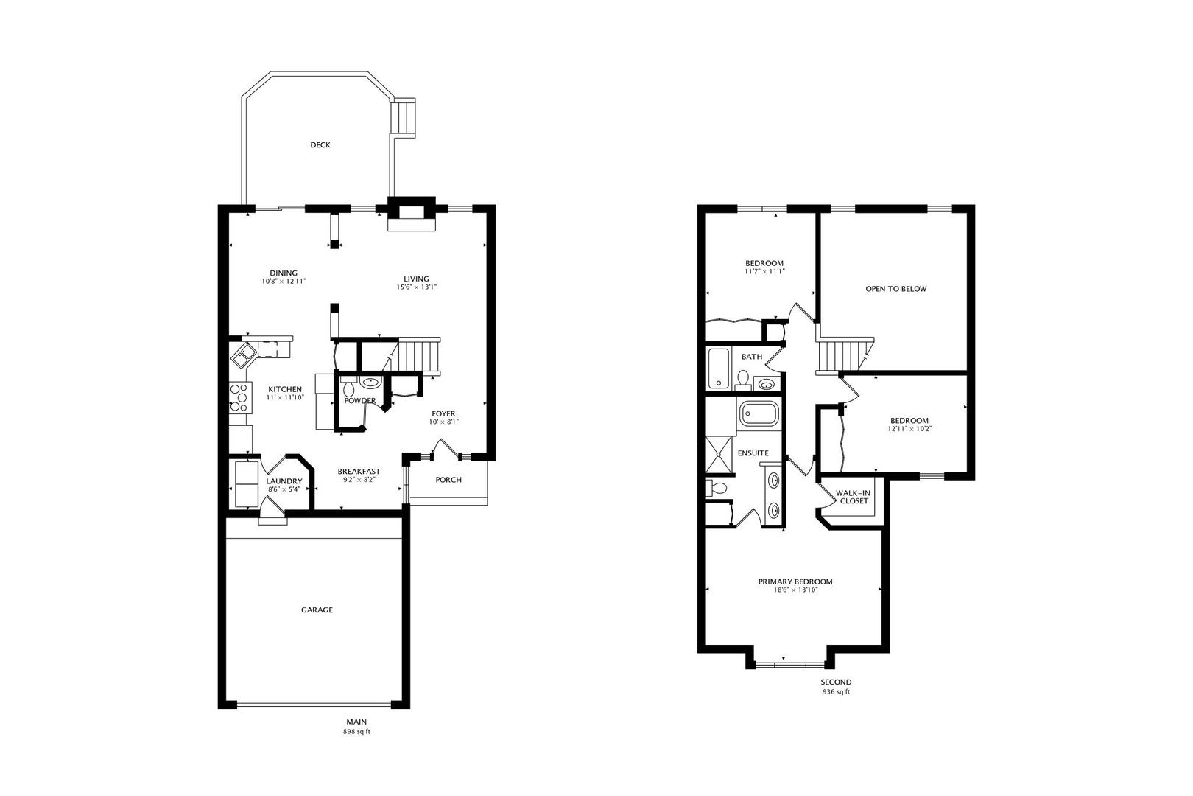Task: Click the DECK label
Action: [320, 145]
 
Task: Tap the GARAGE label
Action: [317, 610]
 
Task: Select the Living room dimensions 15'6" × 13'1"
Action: [416, 287]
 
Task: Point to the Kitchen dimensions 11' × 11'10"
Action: [285, 397]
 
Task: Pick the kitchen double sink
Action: [243, 355]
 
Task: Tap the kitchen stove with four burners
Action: [240, 398]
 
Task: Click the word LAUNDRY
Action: [284, 481]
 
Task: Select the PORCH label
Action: [448, 480]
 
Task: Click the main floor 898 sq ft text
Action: [356, 732]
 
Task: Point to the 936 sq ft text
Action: [836, 692]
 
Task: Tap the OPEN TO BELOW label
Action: [895, 289]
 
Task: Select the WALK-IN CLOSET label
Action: [854, 497]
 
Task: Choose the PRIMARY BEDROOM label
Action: [795, 582]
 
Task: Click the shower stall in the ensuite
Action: [719, 455]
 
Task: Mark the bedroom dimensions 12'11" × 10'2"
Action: [909, 429]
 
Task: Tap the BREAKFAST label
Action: [359, 471]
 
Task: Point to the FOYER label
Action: [443, 413]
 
